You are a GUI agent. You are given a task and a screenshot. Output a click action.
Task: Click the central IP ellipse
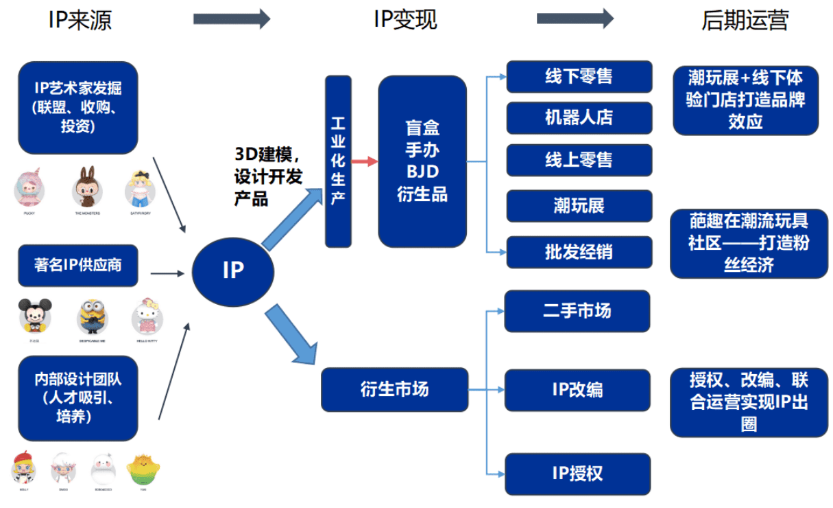(x=232, y=270)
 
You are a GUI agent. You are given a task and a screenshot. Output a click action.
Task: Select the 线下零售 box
(x=579, y=76)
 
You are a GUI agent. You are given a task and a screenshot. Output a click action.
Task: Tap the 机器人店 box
(x=579, y=118)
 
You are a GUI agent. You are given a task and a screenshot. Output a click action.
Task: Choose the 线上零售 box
(x=579, y=160)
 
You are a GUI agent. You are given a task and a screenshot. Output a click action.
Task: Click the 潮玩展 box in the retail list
(x=579, y=205)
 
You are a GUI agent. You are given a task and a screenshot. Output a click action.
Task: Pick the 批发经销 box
(x=579, y=252)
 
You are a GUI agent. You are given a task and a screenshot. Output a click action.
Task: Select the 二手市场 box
(x=577, y=311)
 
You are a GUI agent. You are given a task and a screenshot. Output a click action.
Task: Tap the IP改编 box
(x=577, y=390)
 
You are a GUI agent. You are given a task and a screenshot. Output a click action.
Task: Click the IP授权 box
(x=577, y=474)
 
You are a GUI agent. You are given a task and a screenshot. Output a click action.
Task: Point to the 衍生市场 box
(x=394, y=389)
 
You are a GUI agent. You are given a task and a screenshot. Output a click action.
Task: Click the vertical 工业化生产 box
(x=338, y=161)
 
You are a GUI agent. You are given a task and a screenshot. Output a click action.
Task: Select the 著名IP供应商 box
(x=78, y=265)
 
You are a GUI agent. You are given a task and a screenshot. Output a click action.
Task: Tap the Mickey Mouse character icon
(x=34, y=315)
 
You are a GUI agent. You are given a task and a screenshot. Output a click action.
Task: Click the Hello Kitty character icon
(x=147, y=315)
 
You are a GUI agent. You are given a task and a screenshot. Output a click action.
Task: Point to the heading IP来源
(x=80, y=20)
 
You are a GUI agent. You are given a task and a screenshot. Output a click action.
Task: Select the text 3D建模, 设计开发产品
(x=267, y=176)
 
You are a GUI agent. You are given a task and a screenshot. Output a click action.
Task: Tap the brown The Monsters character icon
(x=87, y=186)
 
